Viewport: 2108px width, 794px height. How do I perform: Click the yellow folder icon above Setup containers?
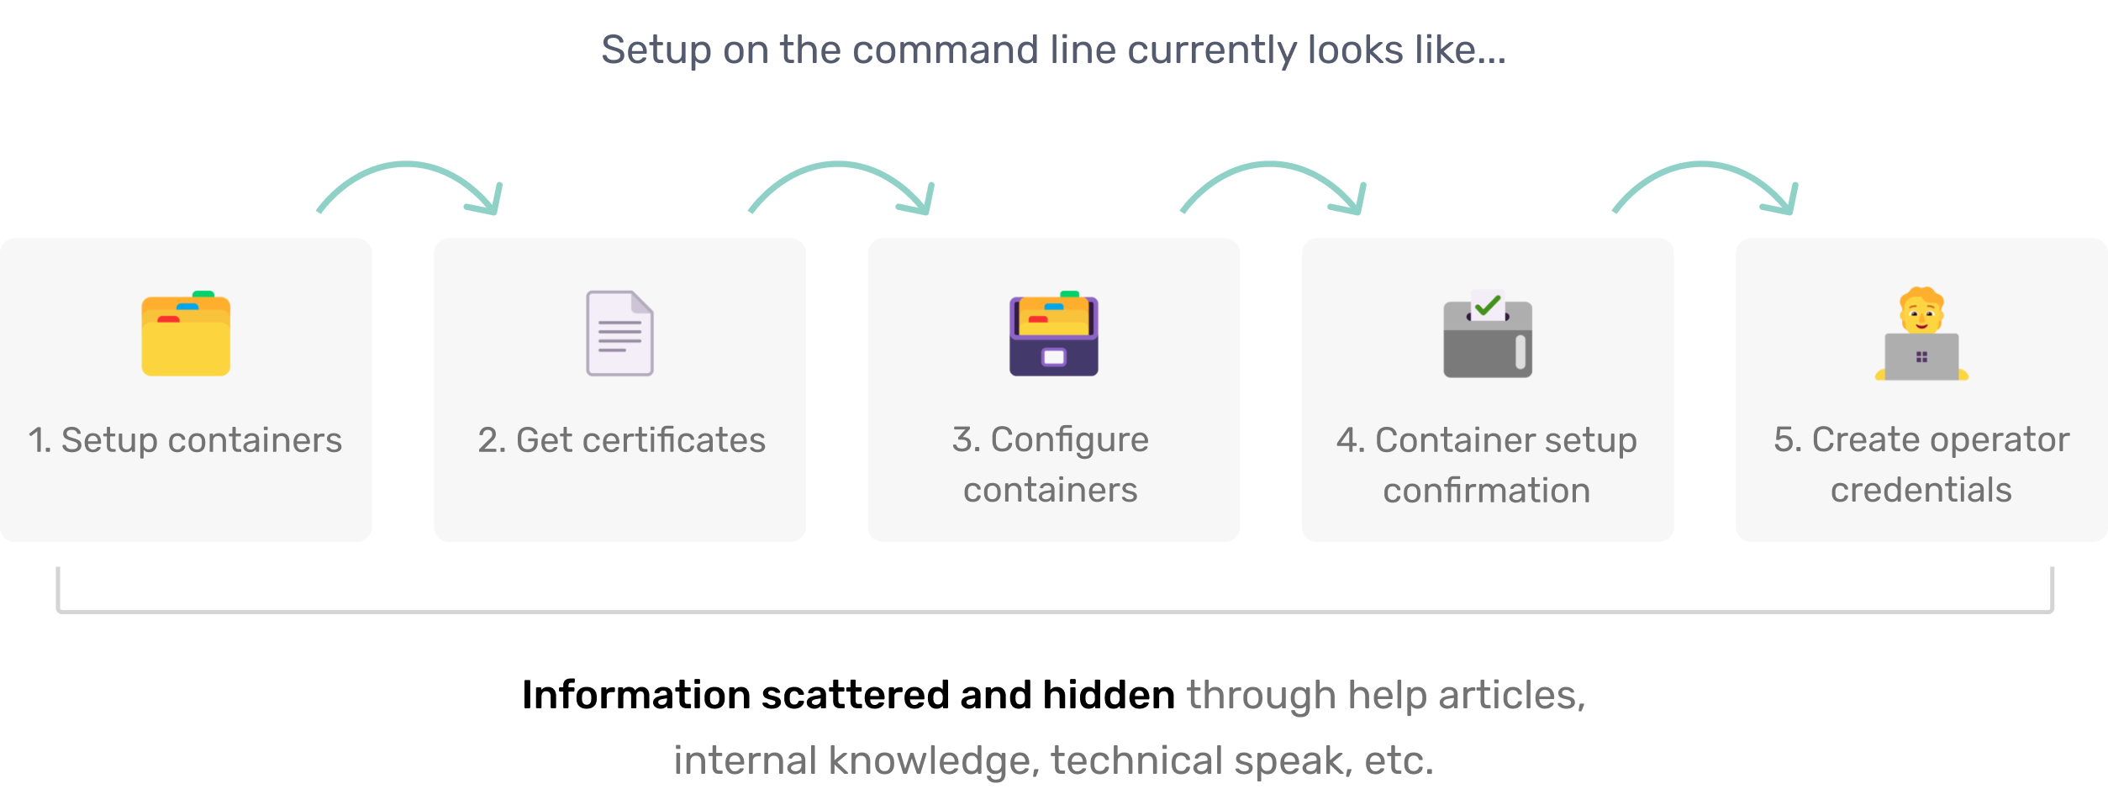(x=186, y=334)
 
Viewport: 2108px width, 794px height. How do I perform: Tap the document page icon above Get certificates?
(x=619, y=334)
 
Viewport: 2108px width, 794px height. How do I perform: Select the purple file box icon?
(x=1053, y=334)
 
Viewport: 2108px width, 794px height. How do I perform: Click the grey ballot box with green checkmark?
(x=1488, y=336)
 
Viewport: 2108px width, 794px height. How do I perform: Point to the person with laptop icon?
(x=1921, y=334)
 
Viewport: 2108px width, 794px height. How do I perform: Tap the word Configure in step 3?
(x=1069, y=440)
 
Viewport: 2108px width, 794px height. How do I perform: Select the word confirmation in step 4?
(x=1486, y=491)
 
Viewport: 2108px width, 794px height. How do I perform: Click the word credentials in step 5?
(x=1921, y=490)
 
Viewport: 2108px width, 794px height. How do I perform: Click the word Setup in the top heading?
(x=656, y=50)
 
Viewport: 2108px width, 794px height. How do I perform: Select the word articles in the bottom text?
(x=1511, y=696)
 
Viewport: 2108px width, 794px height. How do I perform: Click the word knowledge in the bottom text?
(x=934, y=761)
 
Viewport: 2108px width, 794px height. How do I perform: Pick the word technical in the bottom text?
(x=1137, y=761)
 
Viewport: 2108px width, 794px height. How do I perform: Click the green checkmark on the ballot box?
(x=1488, y=306)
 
